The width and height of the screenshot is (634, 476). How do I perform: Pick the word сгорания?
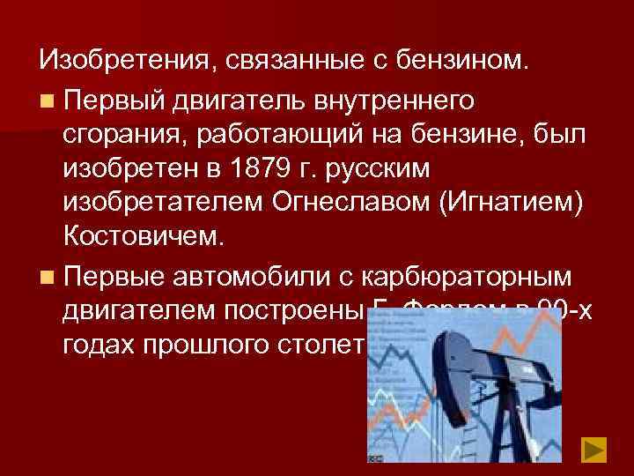(x=125, y=134)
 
